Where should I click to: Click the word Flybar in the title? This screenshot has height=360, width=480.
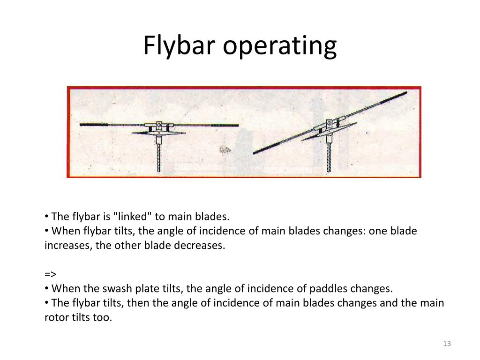[180, 46]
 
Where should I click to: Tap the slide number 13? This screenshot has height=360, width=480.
[446, 344]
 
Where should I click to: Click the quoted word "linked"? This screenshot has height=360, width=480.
[135, 217]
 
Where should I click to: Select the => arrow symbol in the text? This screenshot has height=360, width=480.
[50, 274]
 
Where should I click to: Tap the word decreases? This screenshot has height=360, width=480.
[199, 245]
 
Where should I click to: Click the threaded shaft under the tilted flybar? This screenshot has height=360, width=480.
[329, 155]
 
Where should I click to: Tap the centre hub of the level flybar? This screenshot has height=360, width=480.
[159, 127]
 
